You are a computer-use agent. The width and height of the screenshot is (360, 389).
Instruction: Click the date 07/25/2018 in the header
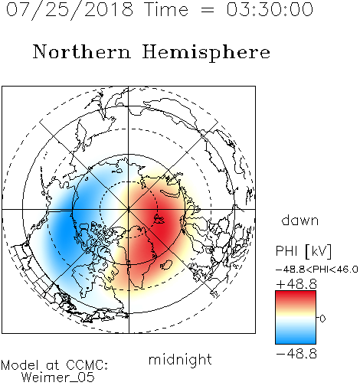(x=70, y=10)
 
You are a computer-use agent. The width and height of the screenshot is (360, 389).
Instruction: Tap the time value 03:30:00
(x=270, y=9)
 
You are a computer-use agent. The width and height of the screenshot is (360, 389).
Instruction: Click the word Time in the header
(x=166, y=9)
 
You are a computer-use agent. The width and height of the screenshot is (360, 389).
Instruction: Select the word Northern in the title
(x=82, y=51)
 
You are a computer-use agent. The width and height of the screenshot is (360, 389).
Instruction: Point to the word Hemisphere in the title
(x=206, y=53)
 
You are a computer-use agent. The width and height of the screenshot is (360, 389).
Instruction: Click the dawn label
(x=300, y=220)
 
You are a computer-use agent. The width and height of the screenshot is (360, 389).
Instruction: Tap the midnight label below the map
(x=180, y=359)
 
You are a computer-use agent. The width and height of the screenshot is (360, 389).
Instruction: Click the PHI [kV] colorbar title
(x=303, y=251)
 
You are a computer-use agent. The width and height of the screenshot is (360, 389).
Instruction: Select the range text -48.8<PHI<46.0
(x=317, y=270)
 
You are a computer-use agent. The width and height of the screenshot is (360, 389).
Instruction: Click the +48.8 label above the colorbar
(x=296, y=284)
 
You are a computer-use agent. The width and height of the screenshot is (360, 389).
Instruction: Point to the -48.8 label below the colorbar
(x=296, y=354)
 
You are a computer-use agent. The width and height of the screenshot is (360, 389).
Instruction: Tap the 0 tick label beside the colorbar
(x=322, y=319)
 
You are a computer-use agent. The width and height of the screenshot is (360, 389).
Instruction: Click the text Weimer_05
(x=58, y=378)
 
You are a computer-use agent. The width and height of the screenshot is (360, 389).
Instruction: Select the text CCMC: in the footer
(x=87, y=365)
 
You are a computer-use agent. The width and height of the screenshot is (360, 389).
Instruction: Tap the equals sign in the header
(x=208, y=10)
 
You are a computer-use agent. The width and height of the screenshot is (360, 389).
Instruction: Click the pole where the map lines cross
(x=129, y=210)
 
